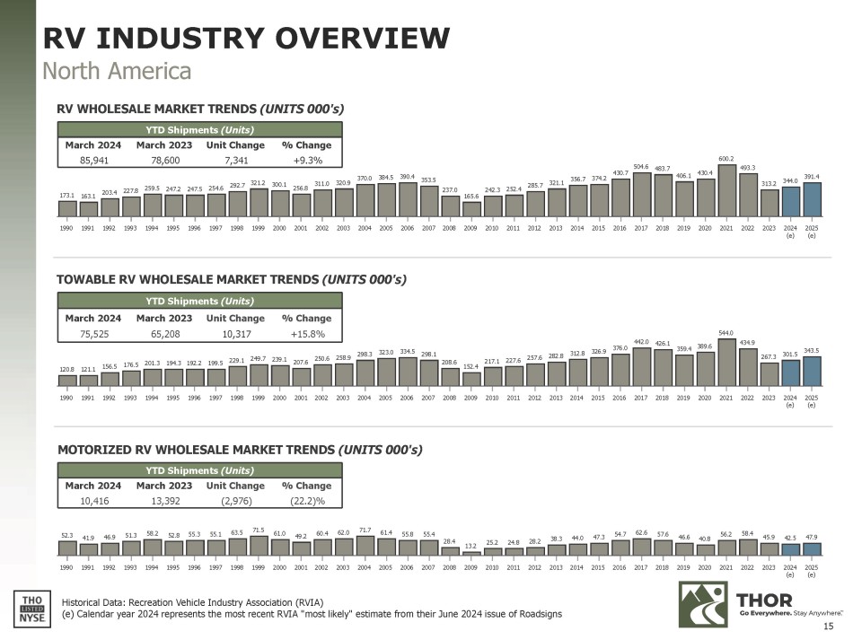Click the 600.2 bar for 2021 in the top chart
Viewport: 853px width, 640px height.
[726, 190]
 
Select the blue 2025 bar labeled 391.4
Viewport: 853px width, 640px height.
[812, 200]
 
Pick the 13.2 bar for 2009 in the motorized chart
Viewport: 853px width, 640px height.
[470, 552]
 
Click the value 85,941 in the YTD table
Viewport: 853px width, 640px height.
[93, 161]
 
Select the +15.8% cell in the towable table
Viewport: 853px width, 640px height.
[303, 334]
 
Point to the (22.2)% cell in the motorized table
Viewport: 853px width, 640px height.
[307, 501]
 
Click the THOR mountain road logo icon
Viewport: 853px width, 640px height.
[703, 604]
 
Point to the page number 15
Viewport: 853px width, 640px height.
[829, 626]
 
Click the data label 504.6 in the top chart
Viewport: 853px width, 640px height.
[641, 166]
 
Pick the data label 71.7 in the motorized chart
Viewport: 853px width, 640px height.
[364, 530]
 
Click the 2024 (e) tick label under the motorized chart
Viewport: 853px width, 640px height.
[790, 570]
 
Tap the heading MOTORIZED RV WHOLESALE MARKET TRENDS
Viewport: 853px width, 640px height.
[196, 448]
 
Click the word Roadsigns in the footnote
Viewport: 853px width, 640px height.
[535, 613]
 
